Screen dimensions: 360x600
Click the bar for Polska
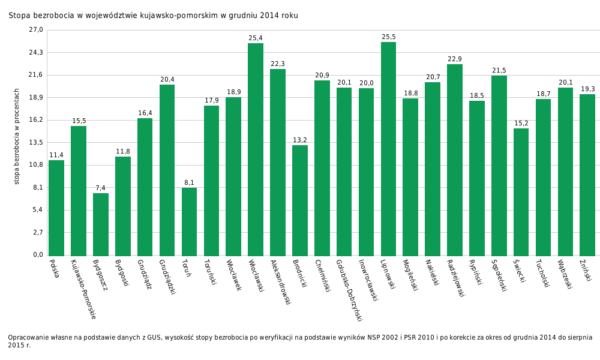click(x=56, y=208)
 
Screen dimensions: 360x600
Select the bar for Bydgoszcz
click(x=101, y=224)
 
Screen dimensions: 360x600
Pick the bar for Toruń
click(x=189, y=221)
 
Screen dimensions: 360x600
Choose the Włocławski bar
click(x=256, y=149)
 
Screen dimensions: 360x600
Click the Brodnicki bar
click(x=300, y=200)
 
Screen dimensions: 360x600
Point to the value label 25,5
click(x=389, y=37)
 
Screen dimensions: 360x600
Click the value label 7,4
click(x=100, y=188)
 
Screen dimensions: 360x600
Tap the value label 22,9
click(x=455, y=59)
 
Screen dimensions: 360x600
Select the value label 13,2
click(x=300, y=140)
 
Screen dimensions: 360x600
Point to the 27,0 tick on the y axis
click(x=36, y=30)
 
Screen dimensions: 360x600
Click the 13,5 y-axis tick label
click(x=36, y=142)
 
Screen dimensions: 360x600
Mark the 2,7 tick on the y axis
click(x=38, y=232)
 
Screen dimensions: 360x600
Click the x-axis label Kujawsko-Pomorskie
click(x=83, y=289)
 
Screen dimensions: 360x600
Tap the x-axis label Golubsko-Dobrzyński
click(x=349, y=290)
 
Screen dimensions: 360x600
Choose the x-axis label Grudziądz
click(x=144, y=274)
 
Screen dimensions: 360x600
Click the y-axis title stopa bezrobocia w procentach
click(x=17, y=136)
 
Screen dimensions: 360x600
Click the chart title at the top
click(x=153, y=16)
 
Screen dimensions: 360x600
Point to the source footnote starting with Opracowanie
click(x=300, y=341)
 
